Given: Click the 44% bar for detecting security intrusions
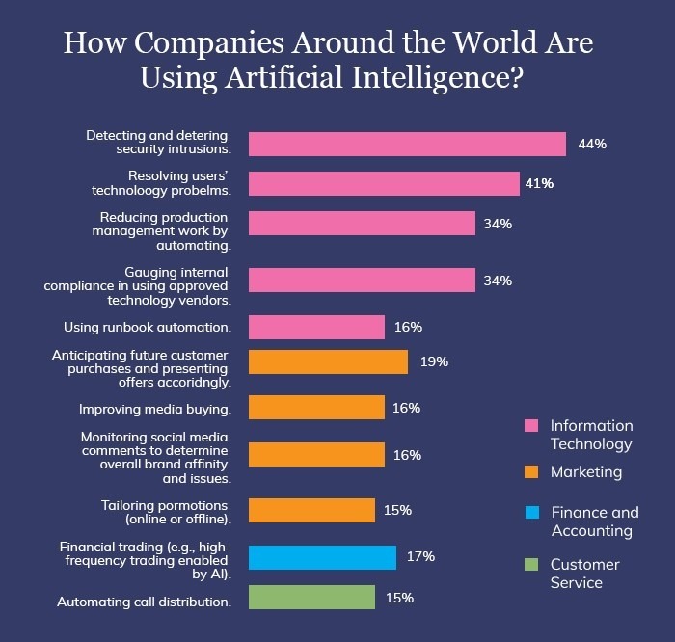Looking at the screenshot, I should coord(407,144).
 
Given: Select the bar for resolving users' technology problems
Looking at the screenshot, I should coord(384,183).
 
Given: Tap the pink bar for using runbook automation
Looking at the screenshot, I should coord(316,327).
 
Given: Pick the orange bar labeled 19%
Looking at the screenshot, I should coord(328,361).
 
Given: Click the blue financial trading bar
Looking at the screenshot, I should coord(322,557).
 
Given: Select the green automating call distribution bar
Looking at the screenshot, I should coord(311,598).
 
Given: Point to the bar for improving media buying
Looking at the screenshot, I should coord(316,408).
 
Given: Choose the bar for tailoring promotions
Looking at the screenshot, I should coord(311,510).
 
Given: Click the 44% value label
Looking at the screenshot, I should coord(591,144).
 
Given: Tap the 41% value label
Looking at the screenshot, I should coord(539,183).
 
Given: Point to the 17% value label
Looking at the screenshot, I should coord(420,556).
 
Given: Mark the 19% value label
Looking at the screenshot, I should coord(434,361).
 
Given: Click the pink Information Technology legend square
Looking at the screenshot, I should coord(530,425).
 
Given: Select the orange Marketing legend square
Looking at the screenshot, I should coord(530,472).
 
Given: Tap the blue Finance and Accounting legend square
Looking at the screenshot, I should coord(530,513).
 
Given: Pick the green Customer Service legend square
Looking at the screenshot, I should coord(530,564).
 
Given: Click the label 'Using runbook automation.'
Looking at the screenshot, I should coord(147,327).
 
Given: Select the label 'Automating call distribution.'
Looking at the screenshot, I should coord(144,602).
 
